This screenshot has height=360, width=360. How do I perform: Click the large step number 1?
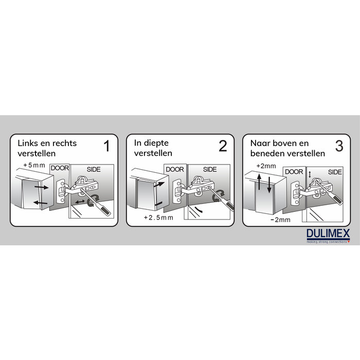click(x=106, y=146)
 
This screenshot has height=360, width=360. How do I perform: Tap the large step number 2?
click(x=222, y=146)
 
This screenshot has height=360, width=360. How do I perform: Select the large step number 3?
click(x=339, y=146)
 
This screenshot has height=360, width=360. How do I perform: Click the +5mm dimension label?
click(x=34, y=165)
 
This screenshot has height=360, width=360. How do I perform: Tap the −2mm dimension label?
click(x=281, y=220)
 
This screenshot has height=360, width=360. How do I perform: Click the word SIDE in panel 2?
click(x=210, y=169)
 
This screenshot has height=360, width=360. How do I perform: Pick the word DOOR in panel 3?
click(x=294, y=172)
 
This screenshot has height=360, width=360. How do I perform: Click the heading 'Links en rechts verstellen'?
click(x=47, y=148)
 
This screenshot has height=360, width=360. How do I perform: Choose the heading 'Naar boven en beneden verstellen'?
click(x=287, y=148)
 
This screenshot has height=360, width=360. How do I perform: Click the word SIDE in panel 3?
click(x=335, y=172)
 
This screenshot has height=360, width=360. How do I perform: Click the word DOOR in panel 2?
click(x=175, y=169)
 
